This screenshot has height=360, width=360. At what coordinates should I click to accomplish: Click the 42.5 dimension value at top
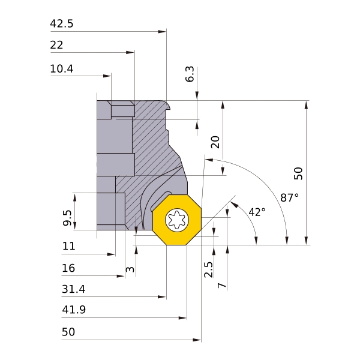pos(61,24)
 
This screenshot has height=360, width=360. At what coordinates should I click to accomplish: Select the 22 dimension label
pos(57,46)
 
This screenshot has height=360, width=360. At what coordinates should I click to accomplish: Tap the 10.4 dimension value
pos(61,69)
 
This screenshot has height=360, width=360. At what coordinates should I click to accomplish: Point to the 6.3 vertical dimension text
pos(190,74)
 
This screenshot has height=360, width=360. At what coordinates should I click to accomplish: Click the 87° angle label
pos(289,197)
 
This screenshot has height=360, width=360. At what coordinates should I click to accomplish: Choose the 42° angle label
pos(256,212)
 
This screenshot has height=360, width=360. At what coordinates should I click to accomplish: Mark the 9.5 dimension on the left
pos(67,218)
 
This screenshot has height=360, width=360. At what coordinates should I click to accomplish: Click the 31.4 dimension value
pos(73,289)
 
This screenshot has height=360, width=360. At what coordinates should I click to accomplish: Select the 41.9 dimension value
pos(73,310)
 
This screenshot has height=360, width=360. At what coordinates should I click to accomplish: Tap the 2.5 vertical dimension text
pos(208,269)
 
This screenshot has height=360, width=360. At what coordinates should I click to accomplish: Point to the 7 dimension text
pos(222,285)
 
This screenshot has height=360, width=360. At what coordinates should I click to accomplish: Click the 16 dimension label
pos(68,268)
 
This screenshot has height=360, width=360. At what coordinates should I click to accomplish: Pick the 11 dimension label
pos(68,246)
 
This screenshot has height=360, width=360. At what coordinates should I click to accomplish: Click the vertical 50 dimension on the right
pos(298,173)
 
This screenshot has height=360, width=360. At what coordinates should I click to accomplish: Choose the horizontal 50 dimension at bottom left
pos(68,332)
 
